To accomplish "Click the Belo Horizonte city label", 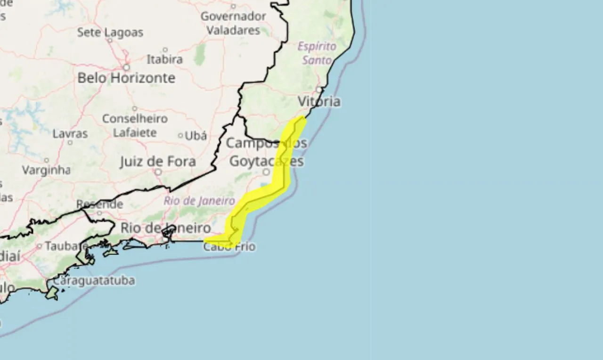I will (x=126, y=78).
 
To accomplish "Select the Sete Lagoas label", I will (x=110, y=33).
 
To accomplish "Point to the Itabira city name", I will (x=164, y=60).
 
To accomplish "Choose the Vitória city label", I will (x=319, y=101).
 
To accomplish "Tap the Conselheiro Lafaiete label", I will (x=135, y=125).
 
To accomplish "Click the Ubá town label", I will (x=196, y=136).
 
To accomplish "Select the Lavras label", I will (x=70, y=134).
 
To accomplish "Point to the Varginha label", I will (x=46, y=170).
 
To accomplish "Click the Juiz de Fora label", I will (x=157, y=162).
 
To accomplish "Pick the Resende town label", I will (x=99, y=205).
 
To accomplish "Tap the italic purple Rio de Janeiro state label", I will (x=199, y=201).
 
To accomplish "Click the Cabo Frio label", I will (x=229, y=246).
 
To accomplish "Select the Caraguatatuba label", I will (x=94, y=280).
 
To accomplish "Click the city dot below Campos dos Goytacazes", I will (x=266, y=172).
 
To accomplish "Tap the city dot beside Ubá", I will (x=180, y=136).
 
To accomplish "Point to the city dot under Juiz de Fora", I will (x=158, y=172).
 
